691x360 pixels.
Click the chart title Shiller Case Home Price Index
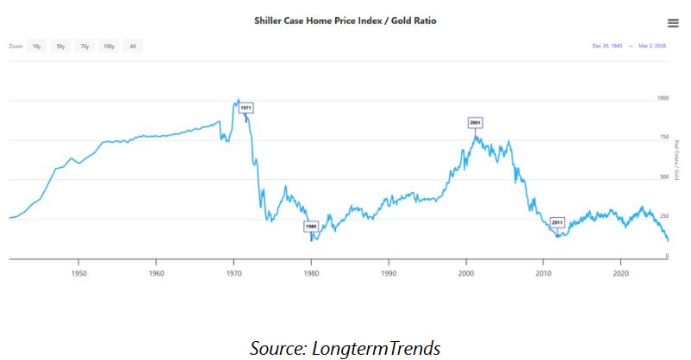pos(345,20)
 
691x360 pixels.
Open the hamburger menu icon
pos(673,23)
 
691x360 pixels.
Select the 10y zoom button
pos(37,46)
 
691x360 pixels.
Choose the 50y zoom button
pos(61,46)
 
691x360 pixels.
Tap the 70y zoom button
pos(84,46)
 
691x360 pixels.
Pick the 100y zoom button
pos(109,46)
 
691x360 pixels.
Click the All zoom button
pos(133,46)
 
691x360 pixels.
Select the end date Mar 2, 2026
pos(653,46)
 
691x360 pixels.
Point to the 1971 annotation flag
pos(246,108)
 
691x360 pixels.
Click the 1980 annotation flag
pos(311,227)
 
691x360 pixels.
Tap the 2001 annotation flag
pos(475,122)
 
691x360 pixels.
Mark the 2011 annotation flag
pos(557,222)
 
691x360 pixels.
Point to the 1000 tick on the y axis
pos(663,98)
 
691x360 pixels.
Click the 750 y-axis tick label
pos(662,138)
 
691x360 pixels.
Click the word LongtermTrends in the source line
pos(380,348)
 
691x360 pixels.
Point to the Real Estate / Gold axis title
pos(677,160)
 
